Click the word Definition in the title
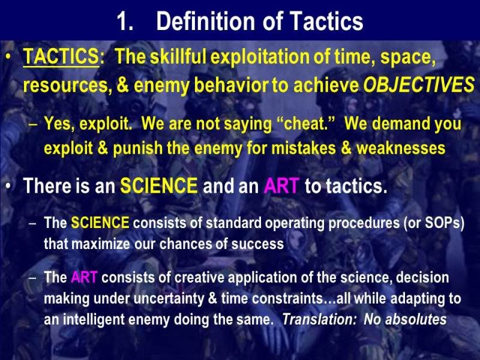tap(205, 21)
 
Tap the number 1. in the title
tap(125, 22)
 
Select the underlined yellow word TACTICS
tap(61, 57)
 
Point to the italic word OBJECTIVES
tap(419, 85)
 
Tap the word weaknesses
tap(401, 148)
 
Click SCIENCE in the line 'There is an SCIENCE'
tap(158, 185)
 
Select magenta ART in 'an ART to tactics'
tap(281, 185)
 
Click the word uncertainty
tap(169, 299)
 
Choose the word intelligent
tap(94, 320)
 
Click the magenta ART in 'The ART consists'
tap(84, 278)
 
